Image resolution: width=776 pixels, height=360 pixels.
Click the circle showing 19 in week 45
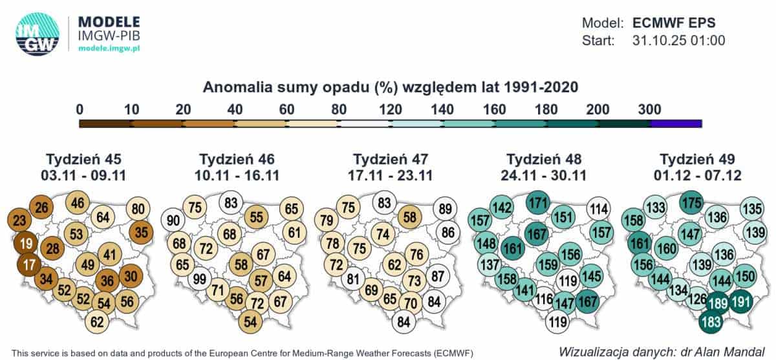(27, 244)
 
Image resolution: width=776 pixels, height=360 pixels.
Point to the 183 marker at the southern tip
(710, 321)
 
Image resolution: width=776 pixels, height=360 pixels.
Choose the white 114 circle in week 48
(599, 208)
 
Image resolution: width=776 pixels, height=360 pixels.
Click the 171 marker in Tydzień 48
(538, 202)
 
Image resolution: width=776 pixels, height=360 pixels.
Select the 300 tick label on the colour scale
(649, 108)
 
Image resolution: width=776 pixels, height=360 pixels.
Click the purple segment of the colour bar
(676, 123)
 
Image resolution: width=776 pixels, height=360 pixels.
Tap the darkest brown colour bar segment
(105, 123)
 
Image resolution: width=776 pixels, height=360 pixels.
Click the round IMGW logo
(37, 34)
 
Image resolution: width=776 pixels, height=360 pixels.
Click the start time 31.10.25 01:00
(678, 40)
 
